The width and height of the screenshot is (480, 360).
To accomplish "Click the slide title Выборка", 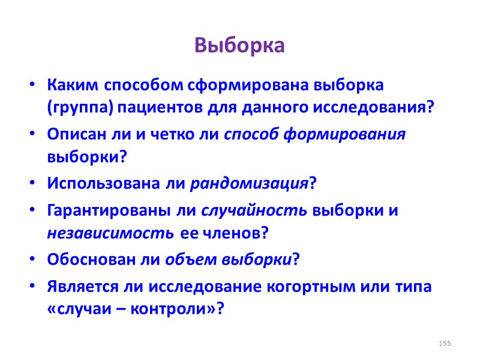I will tap(239, 46).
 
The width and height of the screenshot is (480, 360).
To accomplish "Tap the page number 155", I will tap(445, 343).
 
